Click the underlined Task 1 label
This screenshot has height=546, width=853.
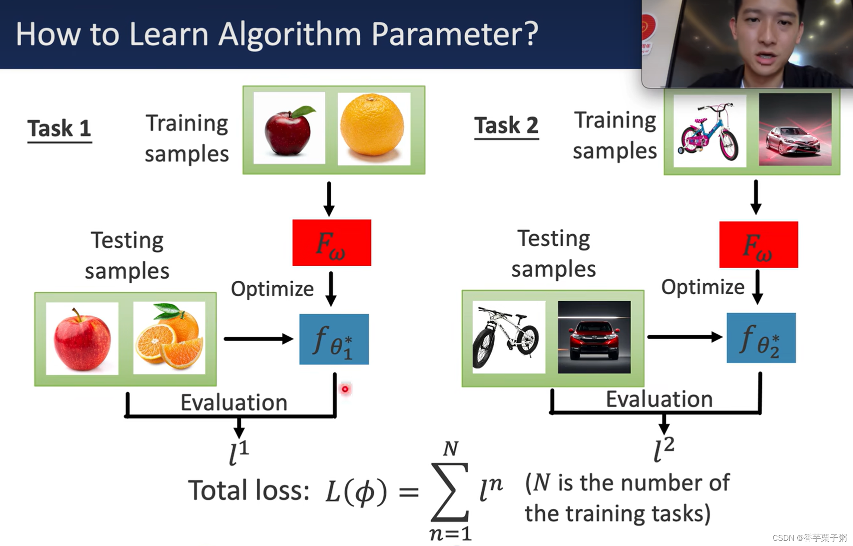point(59,128)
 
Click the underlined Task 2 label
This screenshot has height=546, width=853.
point(506,126)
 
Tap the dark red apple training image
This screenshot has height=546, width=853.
point(289,128)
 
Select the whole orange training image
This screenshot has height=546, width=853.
point(374,128)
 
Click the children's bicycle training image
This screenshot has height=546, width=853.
point(709,131)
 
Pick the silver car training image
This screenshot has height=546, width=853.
point(795,130)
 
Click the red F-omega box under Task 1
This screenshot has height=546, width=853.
point(332,243)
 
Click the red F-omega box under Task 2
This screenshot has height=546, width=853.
point(758,244)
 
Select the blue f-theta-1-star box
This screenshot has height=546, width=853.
point(334,340)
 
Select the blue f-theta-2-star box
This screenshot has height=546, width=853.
point(761,338)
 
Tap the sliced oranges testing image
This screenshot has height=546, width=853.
point(169,338)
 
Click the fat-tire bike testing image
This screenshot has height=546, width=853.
point(508,337)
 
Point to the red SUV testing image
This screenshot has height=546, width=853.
point(594,337)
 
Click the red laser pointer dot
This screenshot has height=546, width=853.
point(345,389)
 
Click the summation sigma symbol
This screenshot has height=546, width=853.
point(450,492)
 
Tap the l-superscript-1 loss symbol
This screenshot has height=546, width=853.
point(239,453)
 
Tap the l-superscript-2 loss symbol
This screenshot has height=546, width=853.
point(664,450)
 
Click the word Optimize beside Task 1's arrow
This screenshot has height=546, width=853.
point(272,289)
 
